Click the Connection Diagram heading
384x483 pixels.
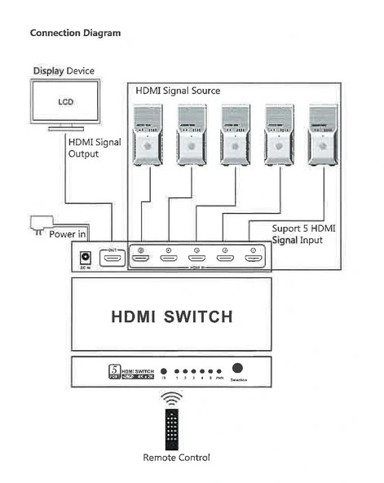[x=75, y=33]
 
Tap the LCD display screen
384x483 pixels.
[x=66, y=103]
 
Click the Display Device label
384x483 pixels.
[x=63, y=71]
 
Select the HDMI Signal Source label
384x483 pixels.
[x=177, y=91]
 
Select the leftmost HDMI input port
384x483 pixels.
[x=142, y=259]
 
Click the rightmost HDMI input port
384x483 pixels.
[x=253, y=259]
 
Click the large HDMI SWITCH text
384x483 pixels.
[x=172, y=316]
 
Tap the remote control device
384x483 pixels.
[x=170, y=425]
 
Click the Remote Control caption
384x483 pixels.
[x=176, y=457]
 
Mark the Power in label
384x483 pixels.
[x=68, y=234]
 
